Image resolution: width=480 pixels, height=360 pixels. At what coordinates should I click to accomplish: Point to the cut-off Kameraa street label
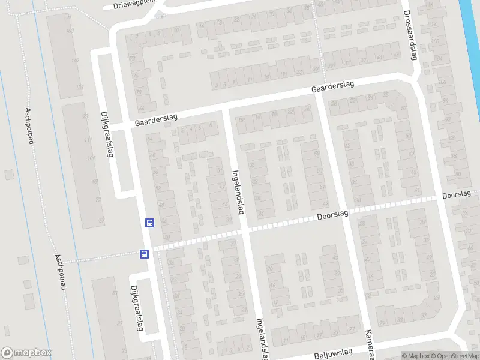pos(369,344)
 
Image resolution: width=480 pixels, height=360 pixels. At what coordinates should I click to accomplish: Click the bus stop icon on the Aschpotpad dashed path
pos(144,254)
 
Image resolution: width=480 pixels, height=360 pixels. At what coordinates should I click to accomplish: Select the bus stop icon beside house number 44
pos(149,223)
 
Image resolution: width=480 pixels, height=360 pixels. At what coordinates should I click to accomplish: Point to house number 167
pos(75,61)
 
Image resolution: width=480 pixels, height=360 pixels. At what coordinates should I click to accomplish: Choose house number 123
pos(85,116)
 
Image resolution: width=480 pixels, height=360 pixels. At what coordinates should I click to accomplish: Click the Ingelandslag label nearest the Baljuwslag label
pos(262,339)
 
